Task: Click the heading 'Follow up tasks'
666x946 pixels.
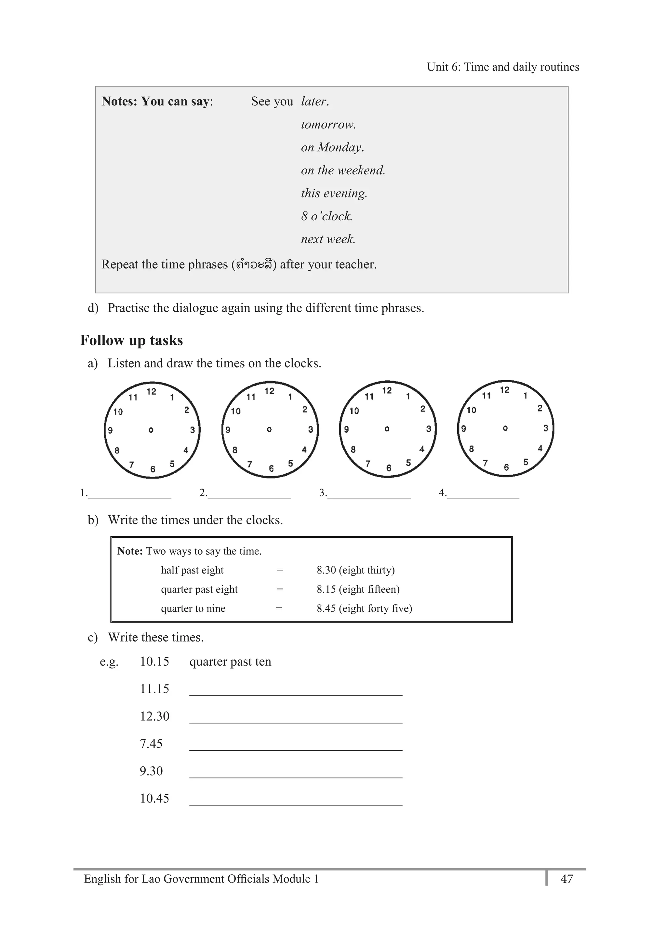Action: click(x=131, y=340)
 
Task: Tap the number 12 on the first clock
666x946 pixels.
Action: click(x=152, y=391)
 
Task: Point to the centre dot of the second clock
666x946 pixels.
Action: click(x=269, y=429)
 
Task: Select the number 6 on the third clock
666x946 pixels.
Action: click(x=388, y=468)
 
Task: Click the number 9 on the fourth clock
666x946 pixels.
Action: click(x=463, y=428)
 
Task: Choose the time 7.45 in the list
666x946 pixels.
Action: click(x=151, y=744)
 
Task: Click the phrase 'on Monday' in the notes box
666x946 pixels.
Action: click(x=332, y=147)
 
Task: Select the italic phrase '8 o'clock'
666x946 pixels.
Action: click(x=326, y=216)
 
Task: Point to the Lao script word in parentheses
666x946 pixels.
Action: click(x=254, y=264)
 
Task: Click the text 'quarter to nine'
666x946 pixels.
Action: click(x=193, y=609)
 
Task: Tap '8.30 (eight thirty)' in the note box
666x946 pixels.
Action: click(x=355, y=570)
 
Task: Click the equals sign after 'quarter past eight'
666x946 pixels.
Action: click(x=280, y=589)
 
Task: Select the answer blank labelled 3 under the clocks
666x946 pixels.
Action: click(x=369, y=494)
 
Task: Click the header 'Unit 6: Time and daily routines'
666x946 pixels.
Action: click(x=502, y=67)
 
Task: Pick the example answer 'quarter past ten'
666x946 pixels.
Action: click(x=230, y=662)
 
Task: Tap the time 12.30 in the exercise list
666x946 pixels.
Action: click(x=154, y=717)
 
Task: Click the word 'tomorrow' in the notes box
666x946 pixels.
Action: click(x=328, y=124)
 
